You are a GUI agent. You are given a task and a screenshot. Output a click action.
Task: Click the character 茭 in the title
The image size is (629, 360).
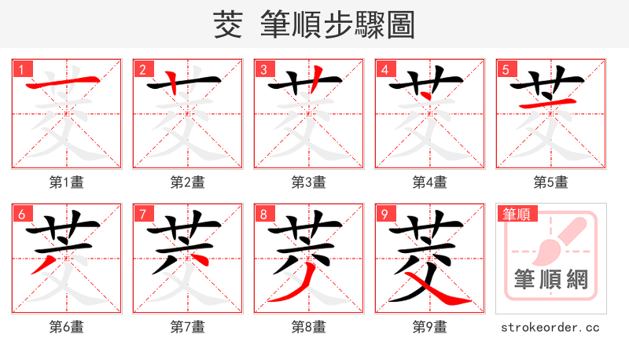point(228,25)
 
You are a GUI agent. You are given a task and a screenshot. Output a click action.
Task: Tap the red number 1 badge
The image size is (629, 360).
point(21,70)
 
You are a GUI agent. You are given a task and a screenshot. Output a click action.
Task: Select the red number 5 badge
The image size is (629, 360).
point(506,70)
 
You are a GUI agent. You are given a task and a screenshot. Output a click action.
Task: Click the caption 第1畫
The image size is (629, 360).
point(67,182)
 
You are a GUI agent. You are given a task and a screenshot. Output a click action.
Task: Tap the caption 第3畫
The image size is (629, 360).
point(309,182)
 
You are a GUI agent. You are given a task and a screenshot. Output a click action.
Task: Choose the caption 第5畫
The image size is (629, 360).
point(551,182)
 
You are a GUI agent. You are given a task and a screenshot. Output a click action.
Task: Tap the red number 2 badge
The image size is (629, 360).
point(142,70)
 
